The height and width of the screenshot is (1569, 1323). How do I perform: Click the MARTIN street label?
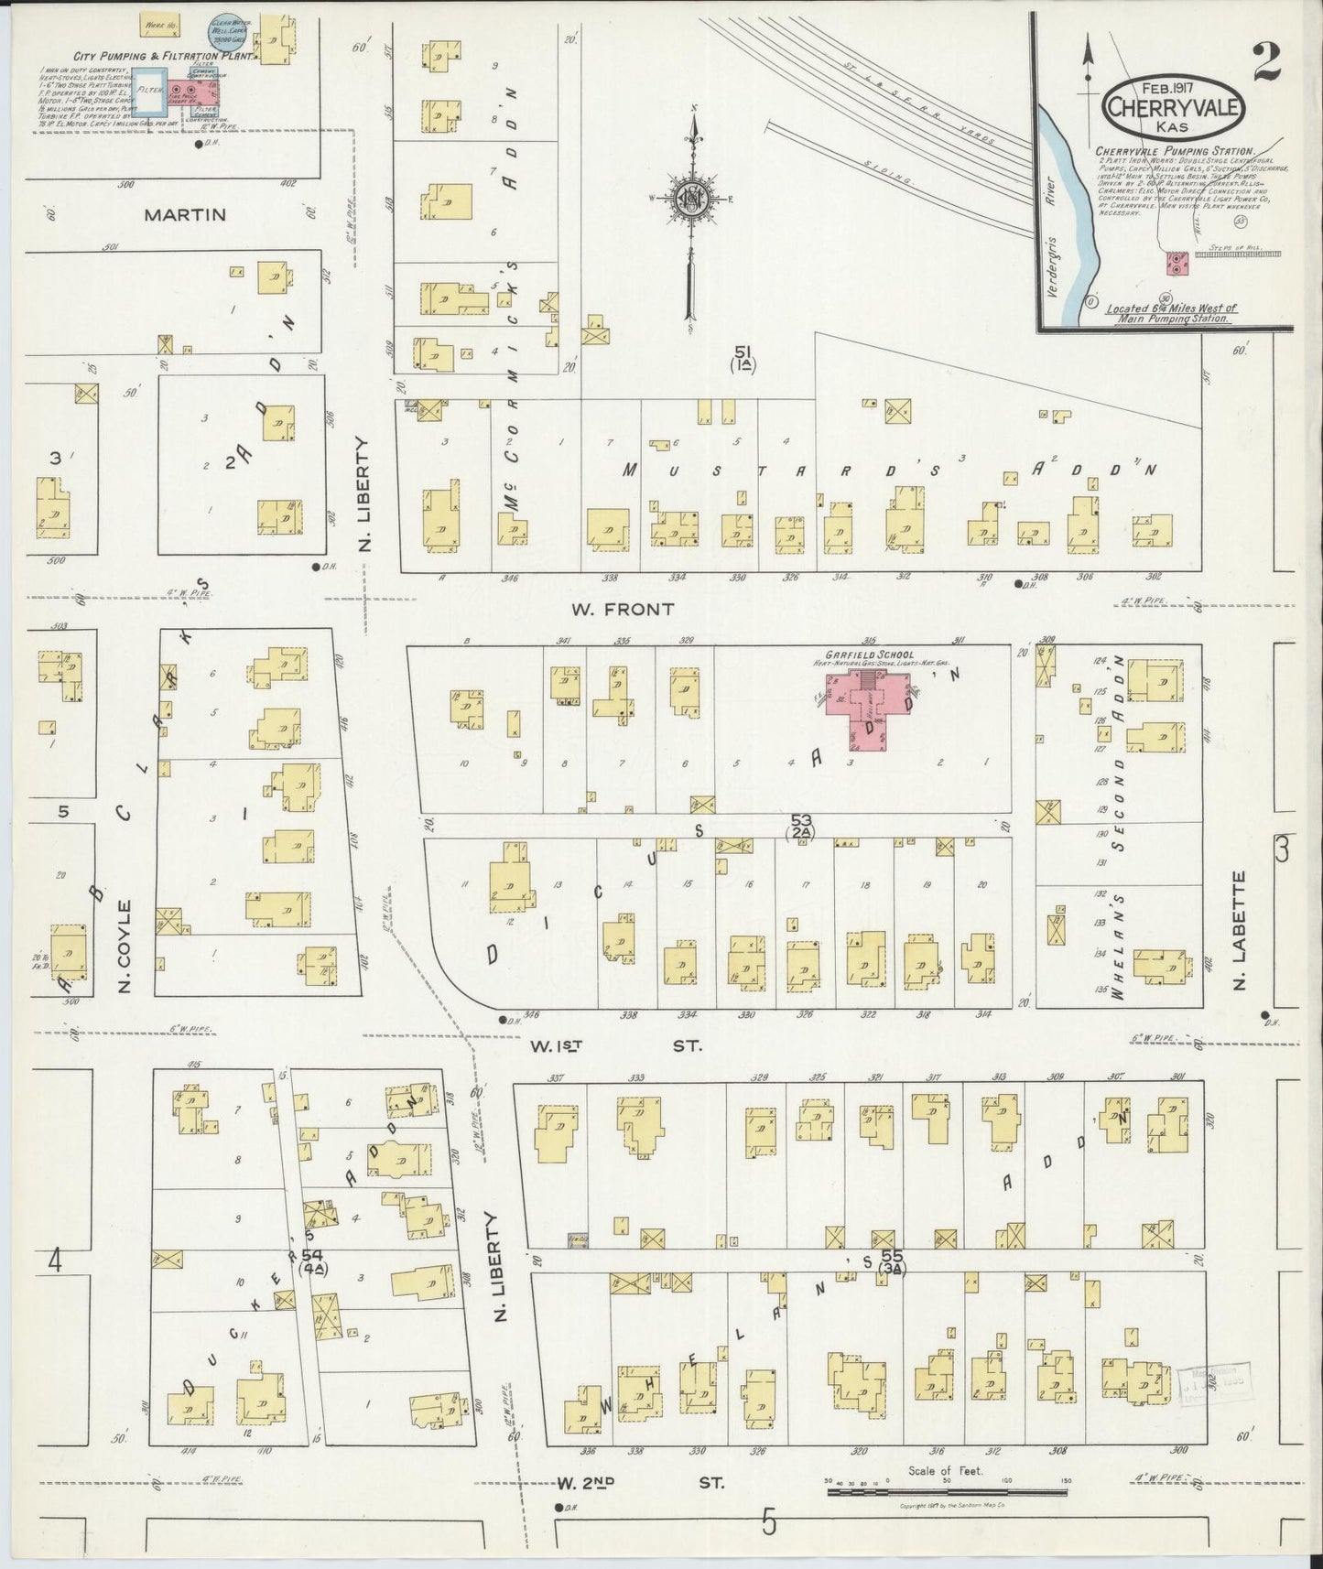click(184, 214)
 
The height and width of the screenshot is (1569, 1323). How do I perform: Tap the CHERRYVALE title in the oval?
click(1174, 107)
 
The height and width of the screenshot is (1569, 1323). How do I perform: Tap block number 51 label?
click(743, 352)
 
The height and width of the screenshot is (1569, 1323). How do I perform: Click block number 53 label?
click(801, 821)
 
